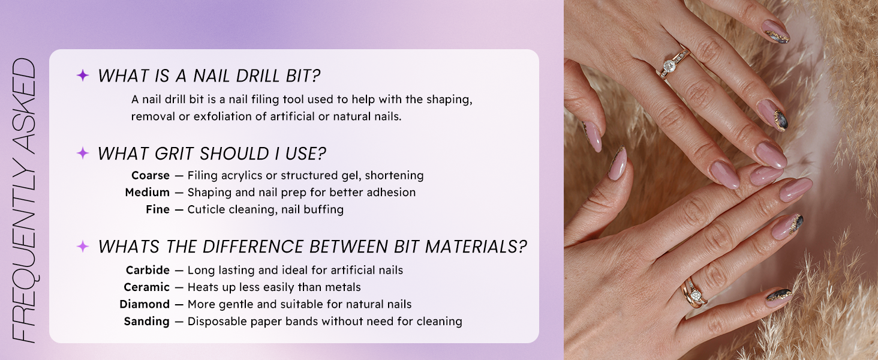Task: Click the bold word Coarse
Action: click(x=151, y=175)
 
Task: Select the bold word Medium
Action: click(x=148, y=193)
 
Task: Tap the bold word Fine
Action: click(x=158, y=209)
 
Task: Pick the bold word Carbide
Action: click(x=148, y=270)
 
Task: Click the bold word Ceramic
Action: click(x=146, y=287)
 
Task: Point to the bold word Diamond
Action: click(x=145, y=304)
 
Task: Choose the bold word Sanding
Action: click(x=146, y=322)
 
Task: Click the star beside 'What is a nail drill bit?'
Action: click(x=83, y=75)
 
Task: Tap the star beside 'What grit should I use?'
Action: click(x=83, y=153)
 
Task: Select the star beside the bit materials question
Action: click(x=83, y=246)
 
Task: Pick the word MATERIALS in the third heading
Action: click(x=476, y=247)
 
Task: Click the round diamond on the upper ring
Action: click(x=669, y=64)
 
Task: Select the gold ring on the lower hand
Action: click(x=694, y=293)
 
